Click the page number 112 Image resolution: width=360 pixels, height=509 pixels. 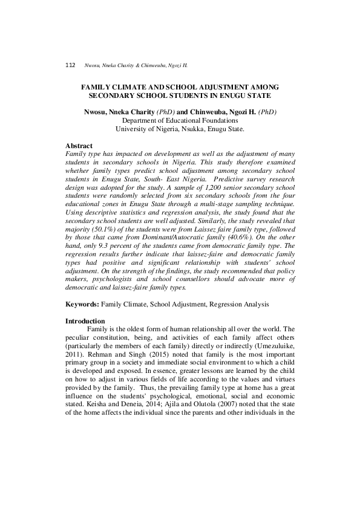tap(70, 65)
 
